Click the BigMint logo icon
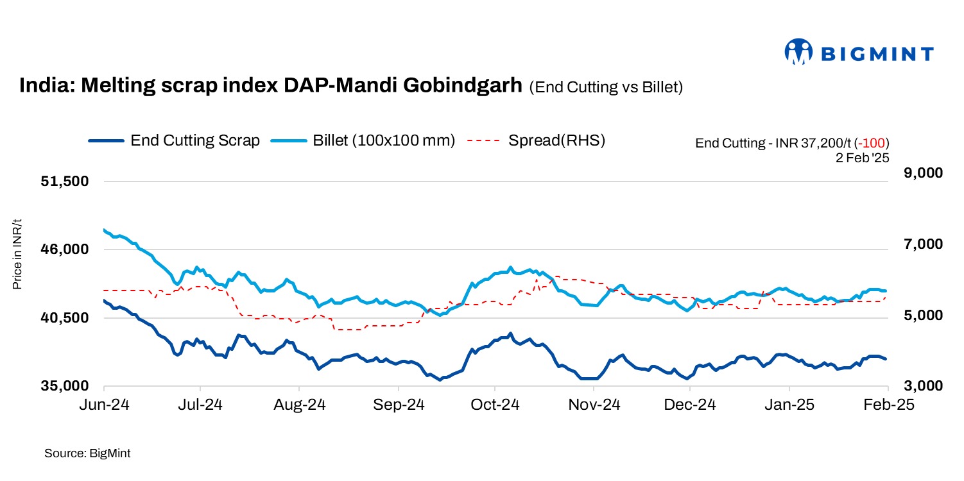point(798,52)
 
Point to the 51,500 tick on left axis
point(64,181)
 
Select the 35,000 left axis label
point(64,386)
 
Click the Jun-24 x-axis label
point(104,405)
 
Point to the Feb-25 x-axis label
point(887,405)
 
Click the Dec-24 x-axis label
point(690,405)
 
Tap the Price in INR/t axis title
point(17,254)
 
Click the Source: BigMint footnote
point(87,453)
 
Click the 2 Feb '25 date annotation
point(862,156)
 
